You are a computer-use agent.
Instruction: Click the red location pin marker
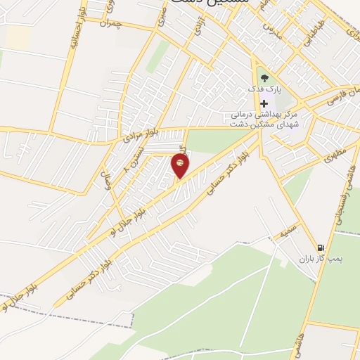[181, 166]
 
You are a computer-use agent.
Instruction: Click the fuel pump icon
[321, 247]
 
